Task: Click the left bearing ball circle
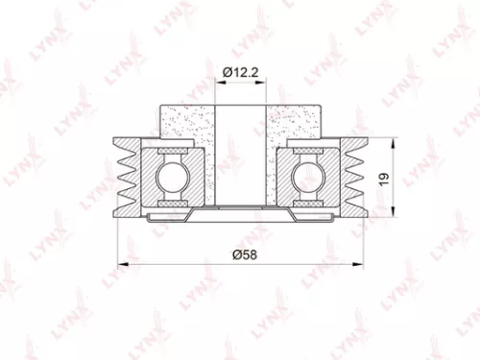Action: [171, 176]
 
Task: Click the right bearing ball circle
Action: [308, 176]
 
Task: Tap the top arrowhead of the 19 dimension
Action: [395, 142]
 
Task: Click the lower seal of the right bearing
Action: [308, 202]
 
